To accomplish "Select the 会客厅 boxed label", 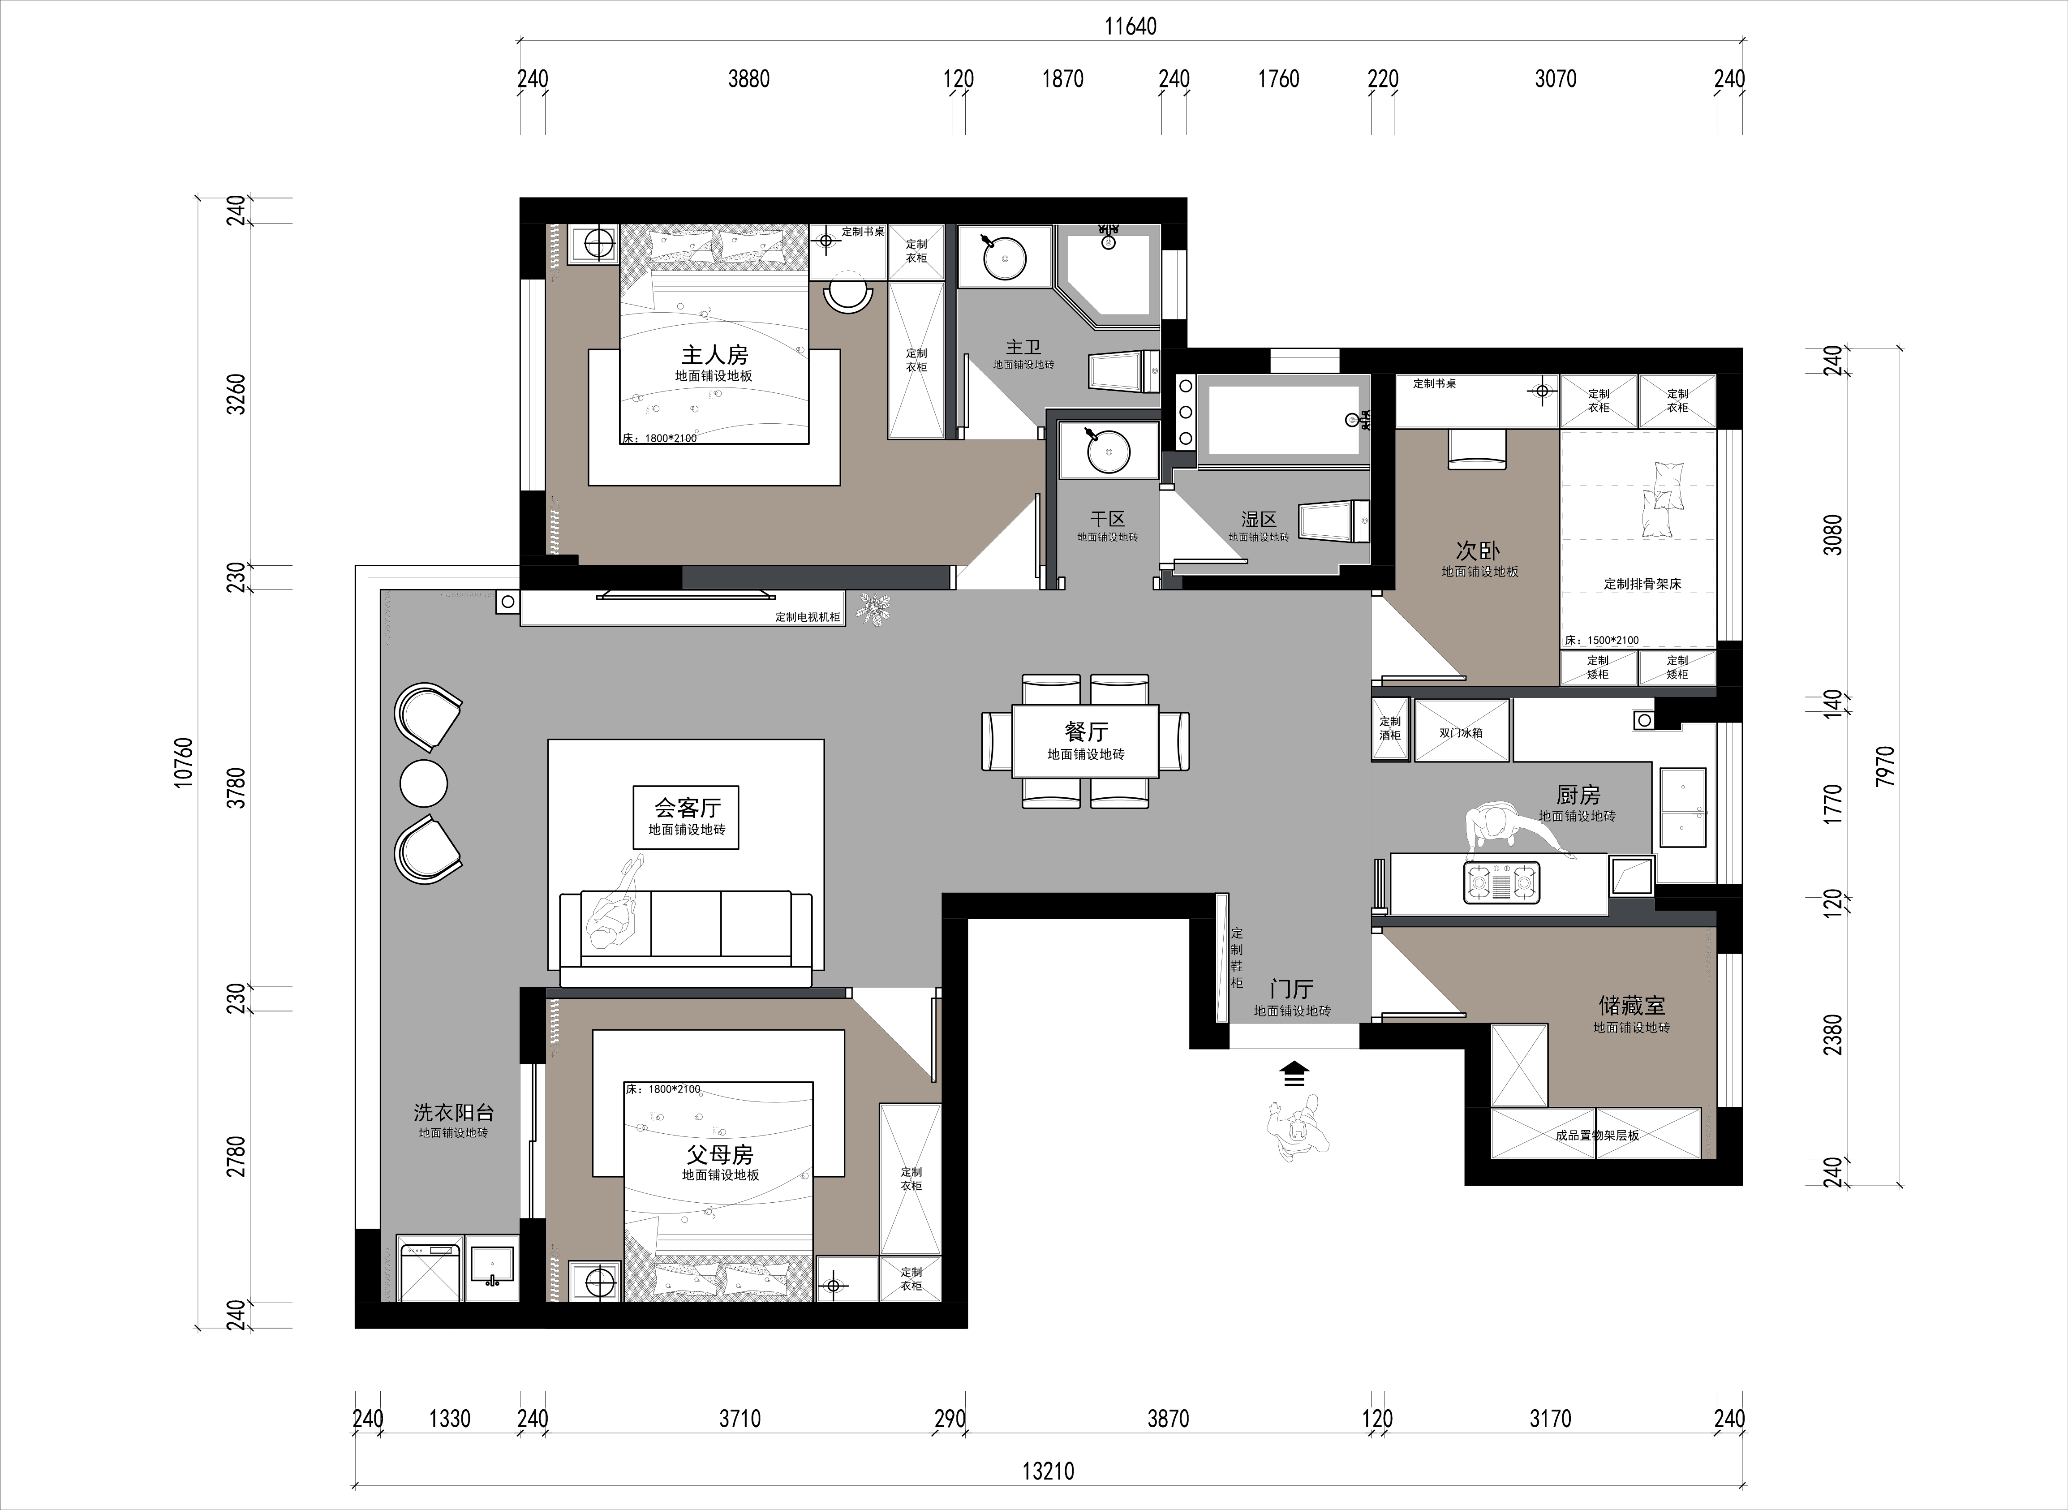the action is tap(686, 817).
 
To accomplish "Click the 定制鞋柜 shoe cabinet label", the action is tap(1236, 958).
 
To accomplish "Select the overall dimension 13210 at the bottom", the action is tap(1048, 1471).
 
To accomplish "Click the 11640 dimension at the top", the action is tap(1131, 26).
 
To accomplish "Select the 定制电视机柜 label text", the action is tap(808, 617).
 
